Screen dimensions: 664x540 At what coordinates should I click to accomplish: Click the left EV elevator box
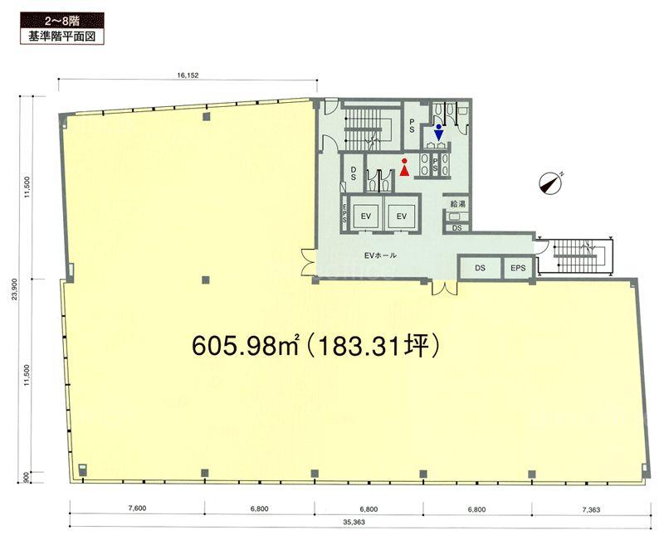(x=366, y=216)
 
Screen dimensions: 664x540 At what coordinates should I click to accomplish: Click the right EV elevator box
(x=402, y=216)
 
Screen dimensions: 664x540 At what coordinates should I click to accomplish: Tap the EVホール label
(x=380, y=255)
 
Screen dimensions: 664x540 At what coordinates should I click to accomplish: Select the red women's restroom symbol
(x=404, y=168)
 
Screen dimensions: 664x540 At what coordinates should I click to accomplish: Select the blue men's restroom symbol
(x=439, y=133)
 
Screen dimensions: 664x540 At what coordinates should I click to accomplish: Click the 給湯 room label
(x=457, y=203)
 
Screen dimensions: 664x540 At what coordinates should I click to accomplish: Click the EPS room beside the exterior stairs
(x=518, y=268)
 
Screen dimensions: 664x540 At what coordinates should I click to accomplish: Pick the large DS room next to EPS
(x=480, y=268)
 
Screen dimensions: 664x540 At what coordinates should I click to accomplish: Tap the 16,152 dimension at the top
(x=188, y=75)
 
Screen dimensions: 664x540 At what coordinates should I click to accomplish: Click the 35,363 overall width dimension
(x=354, y=523)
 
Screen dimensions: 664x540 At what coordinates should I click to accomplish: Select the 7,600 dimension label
(x=137, y=508)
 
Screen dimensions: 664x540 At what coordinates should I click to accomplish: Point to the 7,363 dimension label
(x=591, y=509)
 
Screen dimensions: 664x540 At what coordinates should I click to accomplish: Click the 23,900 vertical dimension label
(x=14, y=289)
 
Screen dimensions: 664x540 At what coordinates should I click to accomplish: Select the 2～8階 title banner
(x=62, y=21)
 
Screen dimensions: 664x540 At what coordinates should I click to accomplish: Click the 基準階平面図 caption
(x=62, y=36)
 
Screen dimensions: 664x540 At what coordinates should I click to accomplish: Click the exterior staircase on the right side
(x=576, y=255)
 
